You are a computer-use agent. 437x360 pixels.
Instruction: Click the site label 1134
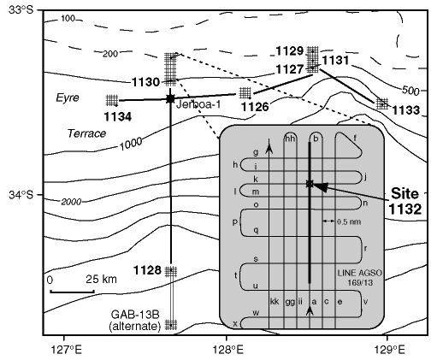(118, 116)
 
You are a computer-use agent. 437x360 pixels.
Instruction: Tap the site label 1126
(255, 107)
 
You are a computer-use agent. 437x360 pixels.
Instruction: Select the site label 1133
(406, 110)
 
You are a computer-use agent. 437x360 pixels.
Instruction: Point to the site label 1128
(148, 270)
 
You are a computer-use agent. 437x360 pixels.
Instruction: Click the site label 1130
(145, 82)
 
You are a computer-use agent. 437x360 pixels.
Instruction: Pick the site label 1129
(290, 51)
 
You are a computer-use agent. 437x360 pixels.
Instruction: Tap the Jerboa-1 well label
(198, 104)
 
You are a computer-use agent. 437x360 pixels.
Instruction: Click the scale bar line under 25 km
(72, 292)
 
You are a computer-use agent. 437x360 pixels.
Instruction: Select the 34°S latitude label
(21, 195)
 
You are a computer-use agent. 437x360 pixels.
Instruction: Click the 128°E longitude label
(228, 350)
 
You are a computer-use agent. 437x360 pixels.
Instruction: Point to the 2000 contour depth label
(71, 202)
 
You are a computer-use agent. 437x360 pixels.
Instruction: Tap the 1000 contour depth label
(131, 145)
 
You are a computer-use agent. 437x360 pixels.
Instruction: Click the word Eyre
(68, 97)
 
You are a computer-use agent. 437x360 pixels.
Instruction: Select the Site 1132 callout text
(405, 201)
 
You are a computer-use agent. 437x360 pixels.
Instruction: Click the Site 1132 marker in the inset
(310, 184)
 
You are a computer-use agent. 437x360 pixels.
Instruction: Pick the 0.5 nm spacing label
(349, 221)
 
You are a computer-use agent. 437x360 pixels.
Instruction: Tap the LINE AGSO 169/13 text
(360, 278)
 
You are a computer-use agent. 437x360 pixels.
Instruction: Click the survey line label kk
(275, 301)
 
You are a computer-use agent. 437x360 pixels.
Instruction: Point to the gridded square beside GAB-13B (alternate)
(171, 324)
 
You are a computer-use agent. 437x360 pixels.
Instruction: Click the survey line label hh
(290, 139)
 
